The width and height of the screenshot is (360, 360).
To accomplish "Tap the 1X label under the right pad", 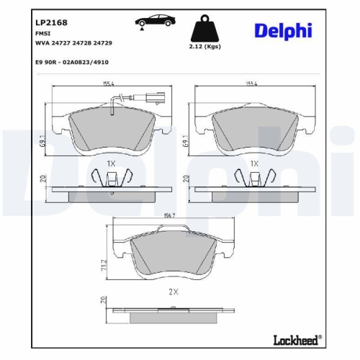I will pos(253,164).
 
